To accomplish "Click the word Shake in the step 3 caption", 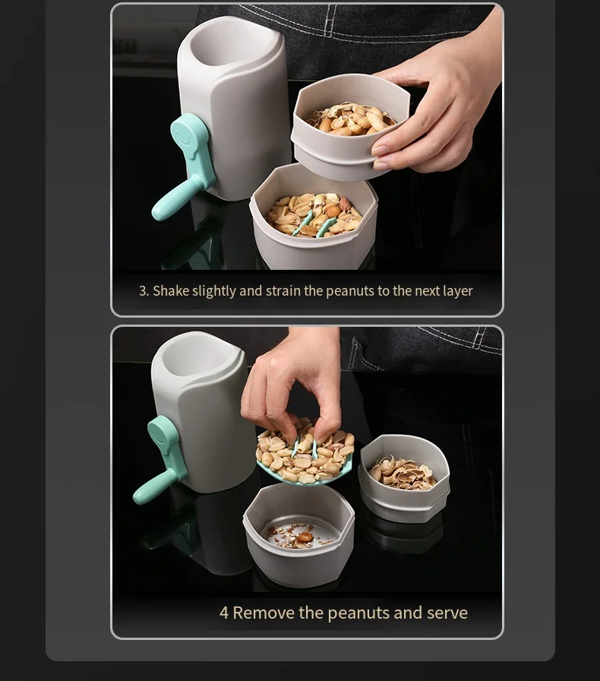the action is pyautogui.click(x=171, y=290).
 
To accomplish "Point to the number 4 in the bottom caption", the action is pyautogui.click(x=223, y=613).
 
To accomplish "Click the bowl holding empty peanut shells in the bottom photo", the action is pyautogui.click(x=404, y=478).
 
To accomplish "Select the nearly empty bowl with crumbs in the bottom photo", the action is pyautogui.click(x=298, y=534).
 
